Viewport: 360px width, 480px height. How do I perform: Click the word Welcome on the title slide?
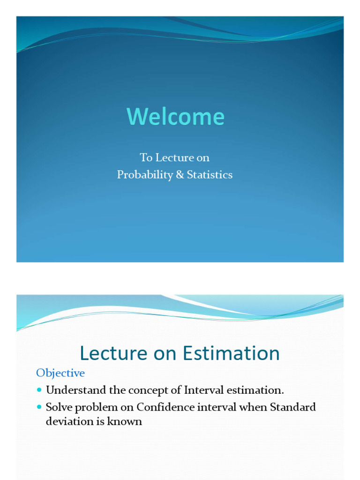tap(175, 117)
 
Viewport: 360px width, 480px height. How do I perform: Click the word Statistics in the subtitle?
tap(210, 175)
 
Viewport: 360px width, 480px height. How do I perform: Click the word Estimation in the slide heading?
tap(230, 353)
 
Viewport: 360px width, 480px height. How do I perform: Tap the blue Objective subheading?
tap(60, 373)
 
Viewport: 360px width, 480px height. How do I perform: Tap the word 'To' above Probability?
tap(146, 157)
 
